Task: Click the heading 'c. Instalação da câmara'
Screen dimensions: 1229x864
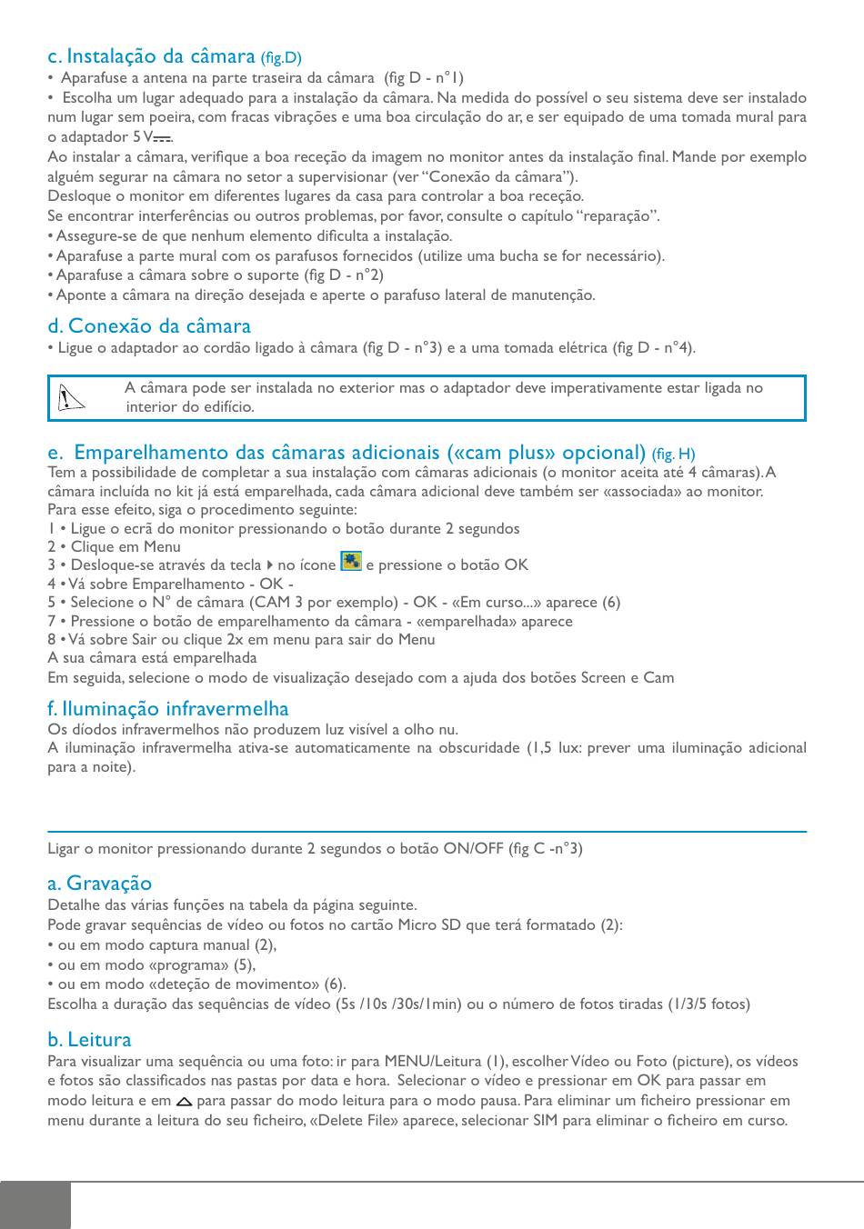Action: (x=152, y=56)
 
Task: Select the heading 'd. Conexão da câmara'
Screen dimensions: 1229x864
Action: (x=149, y=325)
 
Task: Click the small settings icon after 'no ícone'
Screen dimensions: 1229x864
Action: (x=350, y=561)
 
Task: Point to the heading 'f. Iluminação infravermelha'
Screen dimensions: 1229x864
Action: (x=168, y=709)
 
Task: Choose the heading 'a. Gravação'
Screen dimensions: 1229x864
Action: (x=100, y=883)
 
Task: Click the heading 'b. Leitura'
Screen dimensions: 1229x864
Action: (x=89, y=1039)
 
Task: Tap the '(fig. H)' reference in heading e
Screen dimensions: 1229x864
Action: (x=673, y=454)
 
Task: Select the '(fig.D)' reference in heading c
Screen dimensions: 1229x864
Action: (x=281, y=58)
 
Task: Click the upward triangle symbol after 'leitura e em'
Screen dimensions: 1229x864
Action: (x=184, y=1101)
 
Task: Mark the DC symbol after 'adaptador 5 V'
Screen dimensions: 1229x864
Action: (x=162, y=138)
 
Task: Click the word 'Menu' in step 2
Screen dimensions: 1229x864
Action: (x=162, y=546)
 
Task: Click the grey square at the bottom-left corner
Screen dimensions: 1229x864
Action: (x=35, y=1205)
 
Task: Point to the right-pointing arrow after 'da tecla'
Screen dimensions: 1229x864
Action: (x=269, y=565)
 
